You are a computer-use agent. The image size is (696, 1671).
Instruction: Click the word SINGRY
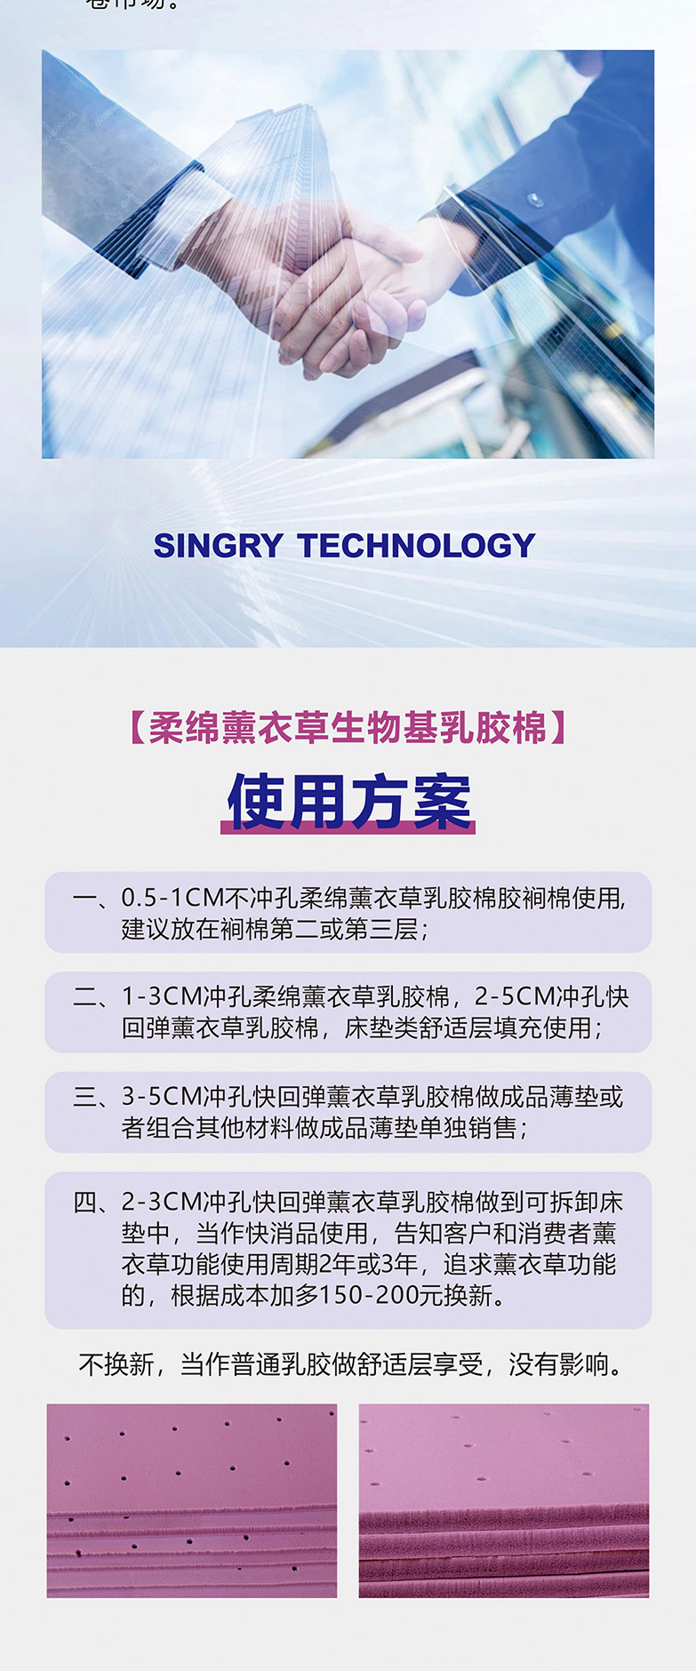point(218,546)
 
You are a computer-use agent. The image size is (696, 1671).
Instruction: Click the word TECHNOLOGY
point(416,546)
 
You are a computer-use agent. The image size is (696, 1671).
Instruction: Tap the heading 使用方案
point(348,802)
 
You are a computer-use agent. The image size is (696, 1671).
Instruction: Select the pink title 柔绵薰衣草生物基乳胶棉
point(348,727)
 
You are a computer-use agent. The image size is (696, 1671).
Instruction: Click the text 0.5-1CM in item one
point(172,898)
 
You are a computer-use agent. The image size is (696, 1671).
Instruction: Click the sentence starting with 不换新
point(351,1363)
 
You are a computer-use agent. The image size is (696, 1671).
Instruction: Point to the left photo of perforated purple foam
point(192,1500)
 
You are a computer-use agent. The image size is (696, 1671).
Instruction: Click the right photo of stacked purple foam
point(504,1500)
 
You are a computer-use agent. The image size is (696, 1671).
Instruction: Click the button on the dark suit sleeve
point(535,201)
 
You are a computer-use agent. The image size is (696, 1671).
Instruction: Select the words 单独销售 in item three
point(468,1128)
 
